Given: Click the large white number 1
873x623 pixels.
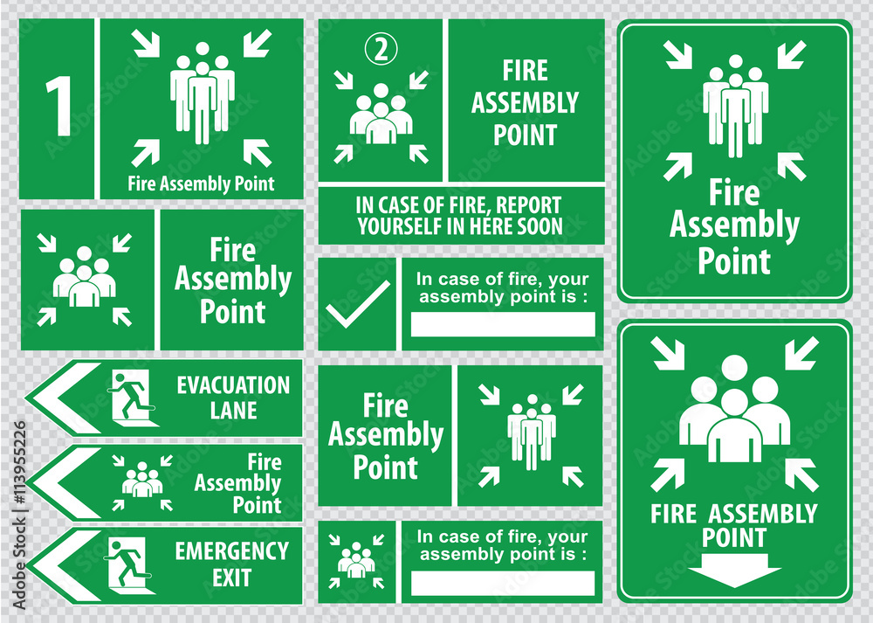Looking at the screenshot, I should [58, 107].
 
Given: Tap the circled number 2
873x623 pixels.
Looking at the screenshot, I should [382, 51].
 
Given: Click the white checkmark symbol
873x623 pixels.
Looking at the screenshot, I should [356, 304].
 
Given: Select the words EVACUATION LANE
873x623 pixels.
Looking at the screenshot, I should [232, 398].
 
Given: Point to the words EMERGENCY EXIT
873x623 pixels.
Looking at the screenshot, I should [231, 564].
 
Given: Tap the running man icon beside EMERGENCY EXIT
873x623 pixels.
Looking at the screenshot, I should [129, 564].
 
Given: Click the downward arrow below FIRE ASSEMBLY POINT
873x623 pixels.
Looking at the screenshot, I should [734, 573].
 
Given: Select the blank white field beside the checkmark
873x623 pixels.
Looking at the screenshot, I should [503, 324].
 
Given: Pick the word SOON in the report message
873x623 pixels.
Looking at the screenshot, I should [540, 227].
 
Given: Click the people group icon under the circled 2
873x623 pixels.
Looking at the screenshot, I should [382, 118].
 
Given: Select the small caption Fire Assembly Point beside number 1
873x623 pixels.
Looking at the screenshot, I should [201, 183].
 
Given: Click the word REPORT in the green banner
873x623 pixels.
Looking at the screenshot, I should [533, 206].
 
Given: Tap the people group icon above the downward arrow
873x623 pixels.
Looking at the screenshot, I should [734, 409].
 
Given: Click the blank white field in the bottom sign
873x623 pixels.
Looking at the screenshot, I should [502, 583].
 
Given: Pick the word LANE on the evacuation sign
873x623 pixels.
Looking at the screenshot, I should [233, 410].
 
